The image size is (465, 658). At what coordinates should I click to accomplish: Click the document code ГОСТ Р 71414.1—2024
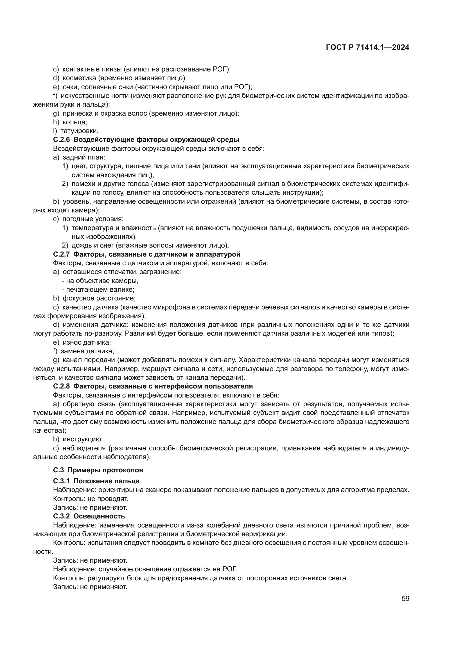tap(367, 48)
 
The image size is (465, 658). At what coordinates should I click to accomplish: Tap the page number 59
tap(405, 598)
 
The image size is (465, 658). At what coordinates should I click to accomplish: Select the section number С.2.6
tap(62, 140)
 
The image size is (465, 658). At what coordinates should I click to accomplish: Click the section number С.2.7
tap(62, 254)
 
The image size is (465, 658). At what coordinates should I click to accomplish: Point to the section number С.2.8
tap(62, 386)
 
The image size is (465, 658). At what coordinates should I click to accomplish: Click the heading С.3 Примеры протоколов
tap(98, 470)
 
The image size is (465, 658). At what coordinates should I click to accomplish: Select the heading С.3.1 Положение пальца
tap(96, 481)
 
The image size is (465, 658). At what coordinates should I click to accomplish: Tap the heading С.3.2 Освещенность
tap(89, 516)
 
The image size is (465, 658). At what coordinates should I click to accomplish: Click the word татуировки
tap(79, 131)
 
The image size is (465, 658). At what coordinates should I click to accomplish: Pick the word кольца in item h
tap(75, 122)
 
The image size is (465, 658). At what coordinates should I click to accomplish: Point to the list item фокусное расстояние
tap(99, 298)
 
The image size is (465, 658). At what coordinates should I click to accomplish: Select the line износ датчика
tap(87, 342)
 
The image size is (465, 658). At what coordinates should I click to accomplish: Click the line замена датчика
tap(87, 351)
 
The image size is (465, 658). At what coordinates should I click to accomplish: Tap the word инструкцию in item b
tap(82, 439)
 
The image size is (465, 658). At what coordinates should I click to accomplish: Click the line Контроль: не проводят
tap(91, 499)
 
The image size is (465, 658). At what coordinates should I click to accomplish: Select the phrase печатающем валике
tap(100, 289)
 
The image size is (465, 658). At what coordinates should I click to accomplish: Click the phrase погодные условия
tap(93, 219)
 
